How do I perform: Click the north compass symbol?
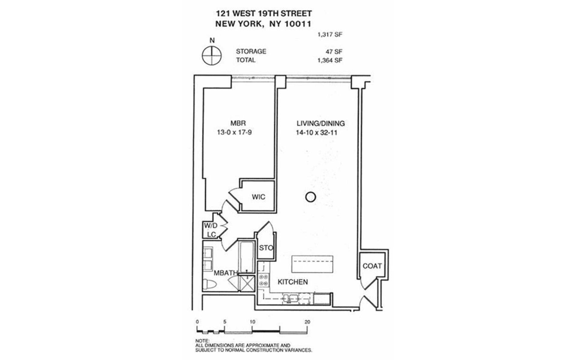click(x=211, y=55)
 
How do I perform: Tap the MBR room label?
click(x=238, y=123)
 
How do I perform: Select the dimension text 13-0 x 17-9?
click(x=234, y=132)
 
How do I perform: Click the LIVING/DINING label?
click(x=320, y=123)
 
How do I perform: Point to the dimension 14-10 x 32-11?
click(x=316, y=133)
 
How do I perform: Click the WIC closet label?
click(x=258, y=197)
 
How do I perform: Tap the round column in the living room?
click(x=310, y=197)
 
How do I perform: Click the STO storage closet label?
click(x=266, y=248)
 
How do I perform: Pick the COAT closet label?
click(x=372, y=266)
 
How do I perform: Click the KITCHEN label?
click(x=292, y=282)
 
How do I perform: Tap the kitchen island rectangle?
click(x=312, y=264)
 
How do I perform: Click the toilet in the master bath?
click(x=209, y=283)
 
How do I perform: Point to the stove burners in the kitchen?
click(x=263, y=280)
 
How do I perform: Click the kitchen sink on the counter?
click(x=290, y=298)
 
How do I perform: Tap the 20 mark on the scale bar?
click(x=307, y=322)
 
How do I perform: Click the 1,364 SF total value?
click(x=330, y=60)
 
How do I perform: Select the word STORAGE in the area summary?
click(x=251, y=52)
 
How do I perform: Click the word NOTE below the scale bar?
click(x=202, y=341)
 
